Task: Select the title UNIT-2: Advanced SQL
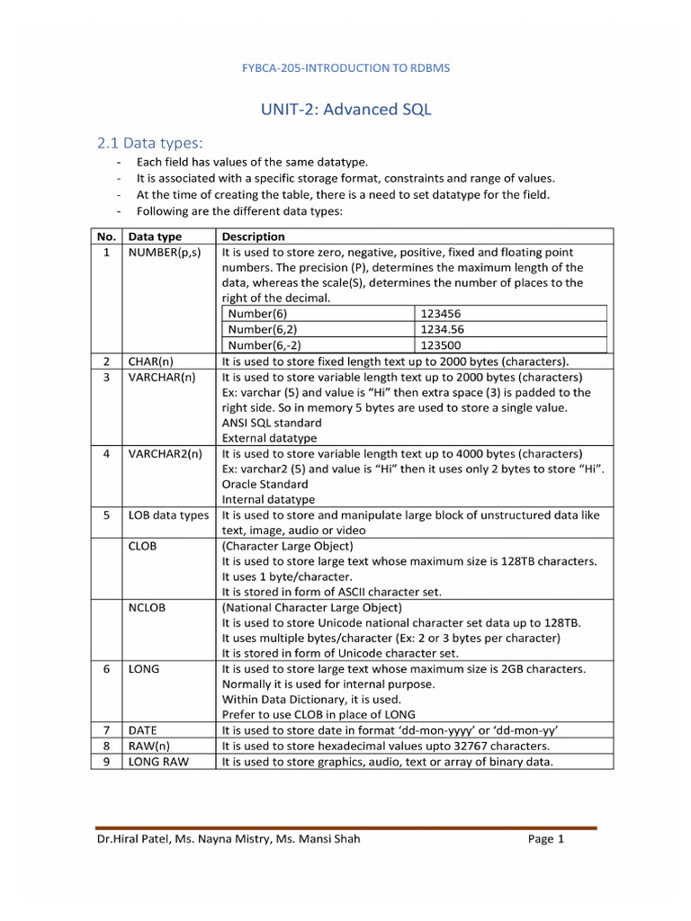[x=345, y=110]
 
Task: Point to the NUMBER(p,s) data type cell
[x=165, y=253]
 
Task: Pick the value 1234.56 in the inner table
[x=442, y=329]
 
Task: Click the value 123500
[x=441, y=344]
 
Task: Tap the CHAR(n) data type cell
[x=151, y=362]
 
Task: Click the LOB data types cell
[x=168, y=515]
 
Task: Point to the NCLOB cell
[x=147, y=607]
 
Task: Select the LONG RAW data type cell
[x=157, y=762]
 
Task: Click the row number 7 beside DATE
[x=106, y=730]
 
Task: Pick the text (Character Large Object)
[x=287, y=546]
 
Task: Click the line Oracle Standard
[x=265, y=484]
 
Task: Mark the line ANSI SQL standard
[x=271, y=423]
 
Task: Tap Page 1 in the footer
[x=546, y=840]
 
